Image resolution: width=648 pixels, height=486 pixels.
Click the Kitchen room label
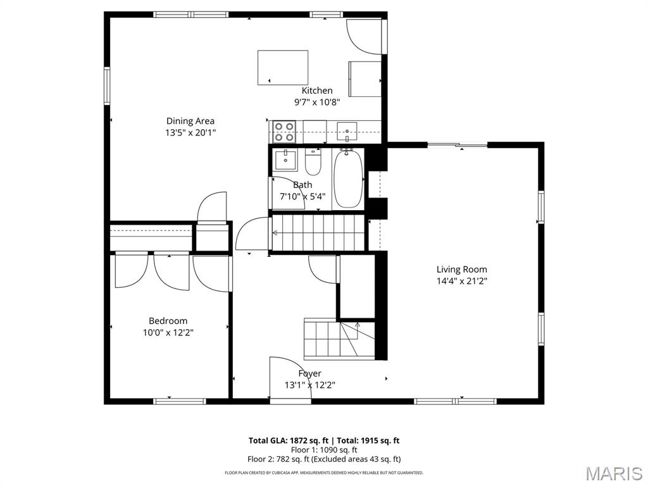(316, 90)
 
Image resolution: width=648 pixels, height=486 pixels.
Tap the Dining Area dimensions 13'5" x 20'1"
(190, 132)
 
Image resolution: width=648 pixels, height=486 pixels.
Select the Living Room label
(461, 269)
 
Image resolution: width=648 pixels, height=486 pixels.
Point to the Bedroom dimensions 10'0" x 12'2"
(168, 332)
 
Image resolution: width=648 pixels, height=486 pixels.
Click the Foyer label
(309, 373)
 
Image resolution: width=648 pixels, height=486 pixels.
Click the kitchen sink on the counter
(347, 132)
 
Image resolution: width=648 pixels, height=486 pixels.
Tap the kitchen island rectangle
(282, 68)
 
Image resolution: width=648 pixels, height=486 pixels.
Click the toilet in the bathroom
(313, 163)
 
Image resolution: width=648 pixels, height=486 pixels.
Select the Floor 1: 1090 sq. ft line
(323, 450)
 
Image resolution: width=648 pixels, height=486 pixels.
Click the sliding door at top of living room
(457, 145)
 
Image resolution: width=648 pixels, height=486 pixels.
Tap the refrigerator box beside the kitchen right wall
(365, 79)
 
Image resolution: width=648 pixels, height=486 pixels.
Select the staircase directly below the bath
(318, 233)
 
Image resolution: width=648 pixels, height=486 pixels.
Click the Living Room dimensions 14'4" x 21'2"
(461, 280)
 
